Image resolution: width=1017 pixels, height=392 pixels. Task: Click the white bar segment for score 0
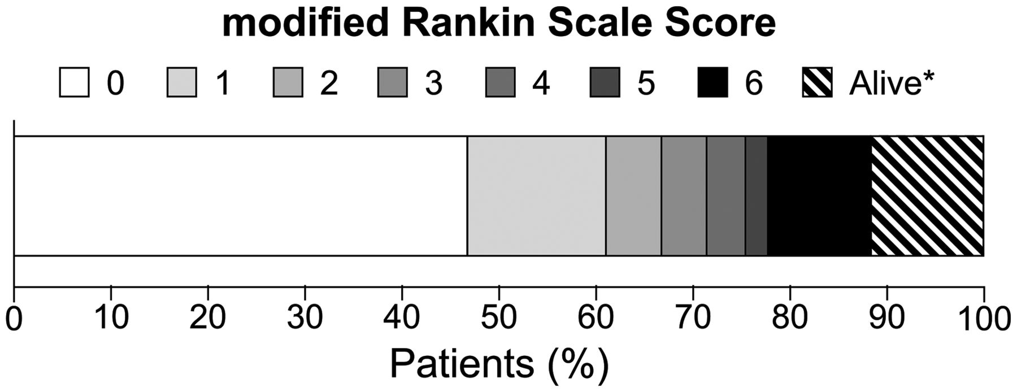pyautogui.click(x=240, y=196)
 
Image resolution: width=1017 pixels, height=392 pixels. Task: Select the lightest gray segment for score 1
pyautogui.click(x=537, y=196)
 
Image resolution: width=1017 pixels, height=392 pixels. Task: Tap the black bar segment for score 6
pyautogui.click(x=820, y=196)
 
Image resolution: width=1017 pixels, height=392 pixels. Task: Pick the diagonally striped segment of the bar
pyautogui.click(x=928, y=196)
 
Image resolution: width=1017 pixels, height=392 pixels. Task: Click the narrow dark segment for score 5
pyautogui.click(x=757, y=196)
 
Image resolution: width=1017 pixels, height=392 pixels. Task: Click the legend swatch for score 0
pyautogui.click(x=74, y=83)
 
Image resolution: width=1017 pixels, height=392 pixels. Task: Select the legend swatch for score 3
pyautogui.click(x=393, y=83)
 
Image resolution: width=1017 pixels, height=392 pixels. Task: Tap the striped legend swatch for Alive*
pyautogui.click(x=818, y=83)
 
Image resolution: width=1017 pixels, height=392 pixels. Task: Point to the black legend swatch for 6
pyautogui.click(x=712, y=83)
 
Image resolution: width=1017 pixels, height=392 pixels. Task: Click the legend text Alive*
pyautogui.click(x=892, y=84)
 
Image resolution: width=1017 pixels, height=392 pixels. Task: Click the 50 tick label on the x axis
pyautogui.click(x=499, y=319)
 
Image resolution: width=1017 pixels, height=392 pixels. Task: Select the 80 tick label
pyautogui.click(x=790, y=319)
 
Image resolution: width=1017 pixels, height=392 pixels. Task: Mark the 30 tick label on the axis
pyautogui.click(x=305, y=319)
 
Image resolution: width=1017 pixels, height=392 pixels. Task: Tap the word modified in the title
pyautogui.click(x=306, y=24)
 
